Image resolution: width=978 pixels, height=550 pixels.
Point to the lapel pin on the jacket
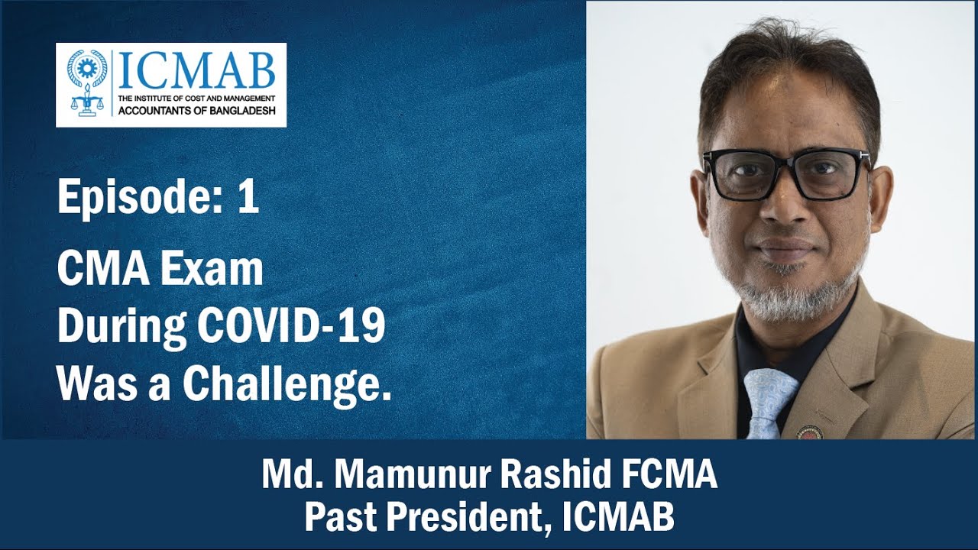(810, 432)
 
